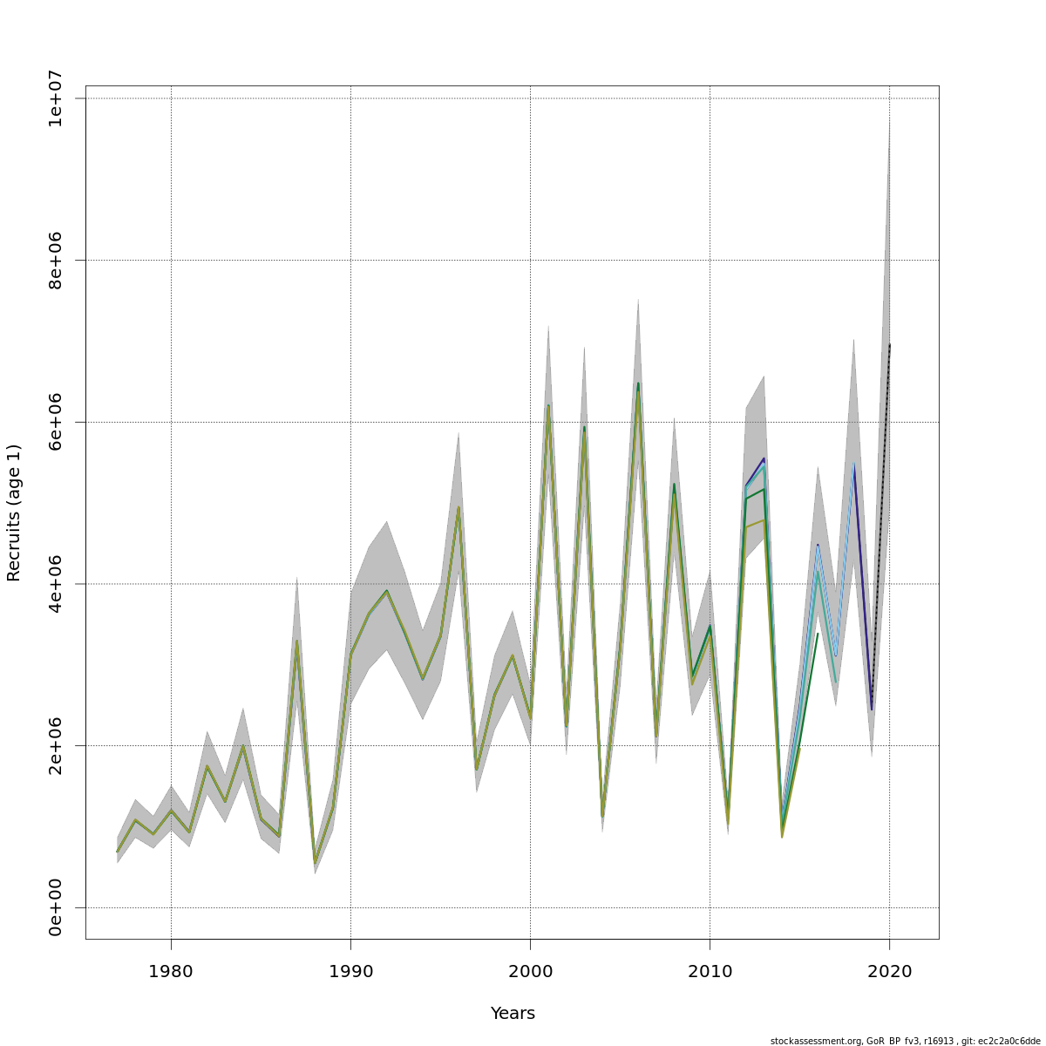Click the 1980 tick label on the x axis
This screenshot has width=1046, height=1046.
(171, 971)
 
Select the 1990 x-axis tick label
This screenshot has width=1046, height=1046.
(350, 971)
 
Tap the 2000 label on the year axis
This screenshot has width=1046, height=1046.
(530, 971)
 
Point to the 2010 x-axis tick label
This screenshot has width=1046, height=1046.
(710, 971)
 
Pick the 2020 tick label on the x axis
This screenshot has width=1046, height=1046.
(889, 971)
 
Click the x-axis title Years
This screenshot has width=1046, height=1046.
(513, 1013)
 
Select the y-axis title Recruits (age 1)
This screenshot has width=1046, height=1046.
(14, 513)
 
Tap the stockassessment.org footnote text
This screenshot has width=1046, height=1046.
(905, 1041)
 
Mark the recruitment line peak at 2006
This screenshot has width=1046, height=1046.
(638, 384)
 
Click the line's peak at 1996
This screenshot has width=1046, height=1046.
(458, 507)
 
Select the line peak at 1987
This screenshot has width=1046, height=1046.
(296, 642)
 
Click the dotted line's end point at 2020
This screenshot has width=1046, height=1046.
(889, 345)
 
